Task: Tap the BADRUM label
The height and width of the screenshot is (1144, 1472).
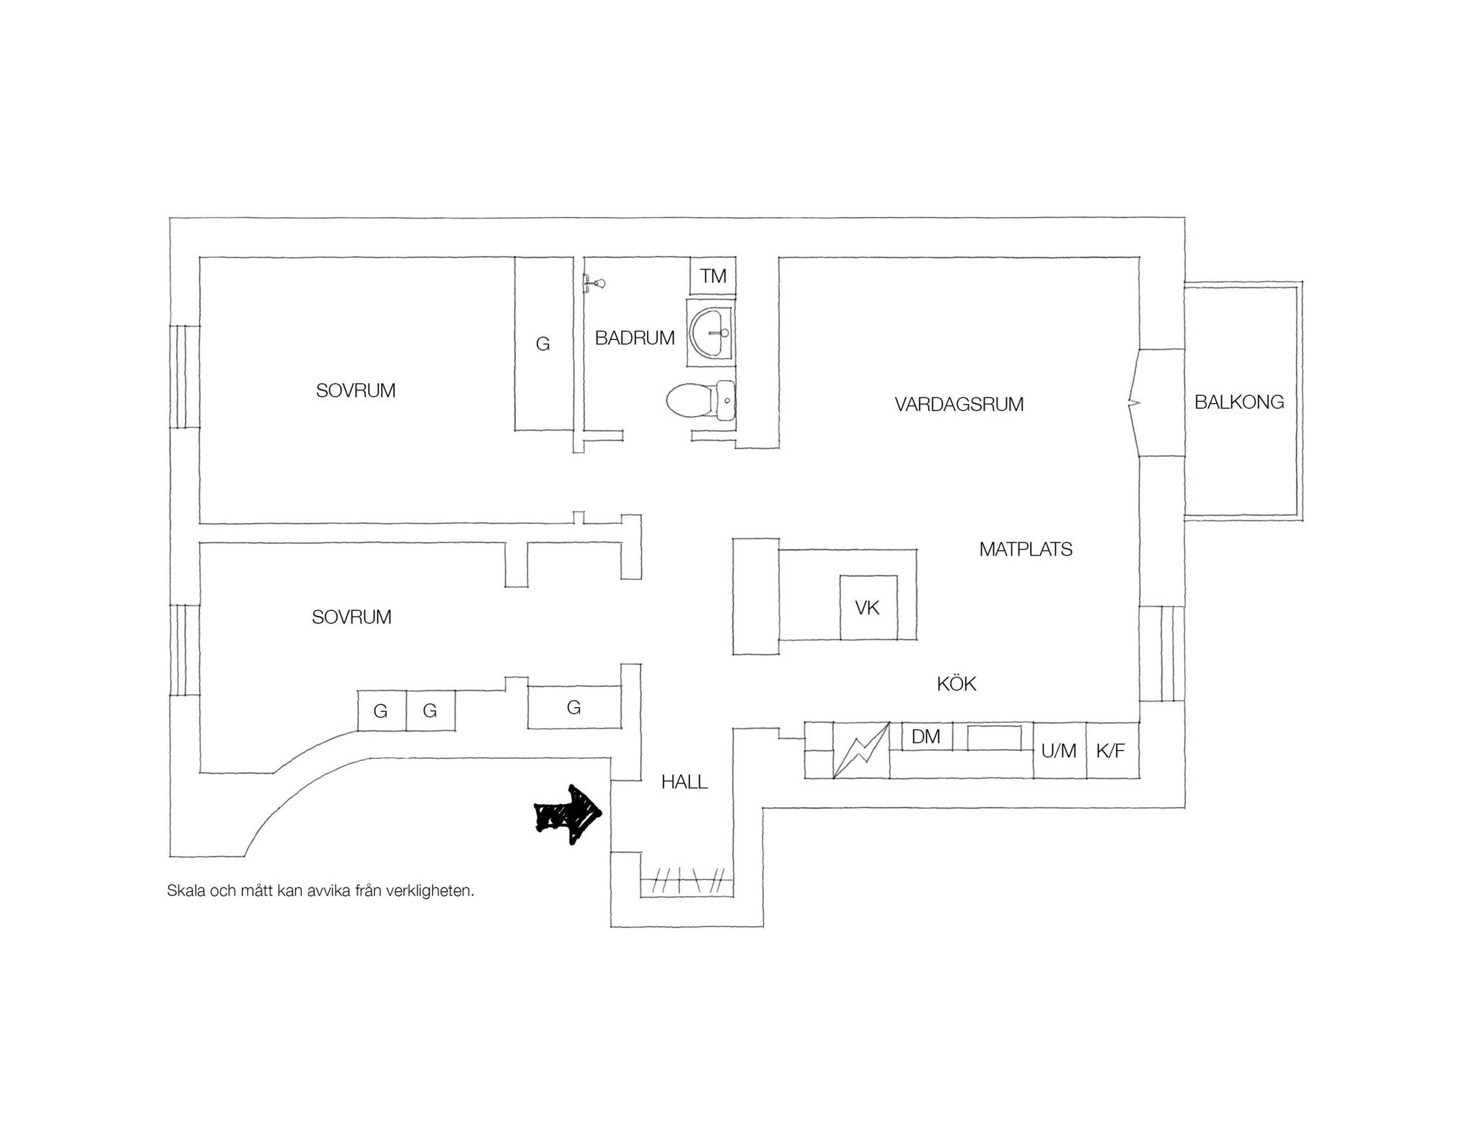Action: coord(635,338)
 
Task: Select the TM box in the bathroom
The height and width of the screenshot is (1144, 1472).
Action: coord(713,276)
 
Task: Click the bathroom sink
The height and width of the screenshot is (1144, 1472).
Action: coord(712,333)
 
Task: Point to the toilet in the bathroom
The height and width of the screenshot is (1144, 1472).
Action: coord(700,400)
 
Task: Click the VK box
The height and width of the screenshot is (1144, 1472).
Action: coord(868,608)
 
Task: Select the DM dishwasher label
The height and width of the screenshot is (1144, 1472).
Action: coord(926,737)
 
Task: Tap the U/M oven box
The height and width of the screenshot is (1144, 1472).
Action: coord(1059,751)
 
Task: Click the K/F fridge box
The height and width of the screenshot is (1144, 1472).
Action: coord(1112,751)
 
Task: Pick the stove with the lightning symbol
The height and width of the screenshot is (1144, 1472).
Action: coord(861,750)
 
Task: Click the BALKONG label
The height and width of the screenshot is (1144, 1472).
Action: coord(1239,402)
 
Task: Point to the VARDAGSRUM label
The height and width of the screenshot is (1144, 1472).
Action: coord(959,405)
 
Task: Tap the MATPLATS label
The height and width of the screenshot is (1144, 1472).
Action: coord(1026,550)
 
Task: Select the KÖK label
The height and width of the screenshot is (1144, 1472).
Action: coord(957,683)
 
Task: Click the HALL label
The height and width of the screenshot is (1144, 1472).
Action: coord(684,782)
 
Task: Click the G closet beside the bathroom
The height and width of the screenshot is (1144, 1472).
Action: coord(543,344)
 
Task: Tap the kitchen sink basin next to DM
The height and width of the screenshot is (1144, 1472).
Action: coord(994,737)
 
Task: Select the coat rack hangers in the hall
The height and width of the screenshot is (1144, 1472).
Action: coord(686,881)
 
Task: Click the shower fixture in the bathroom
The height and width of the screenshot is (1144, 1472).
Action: coord(594,282)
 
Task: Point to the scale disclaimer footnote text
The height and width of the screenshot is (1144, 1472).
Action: coord(321,891)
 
